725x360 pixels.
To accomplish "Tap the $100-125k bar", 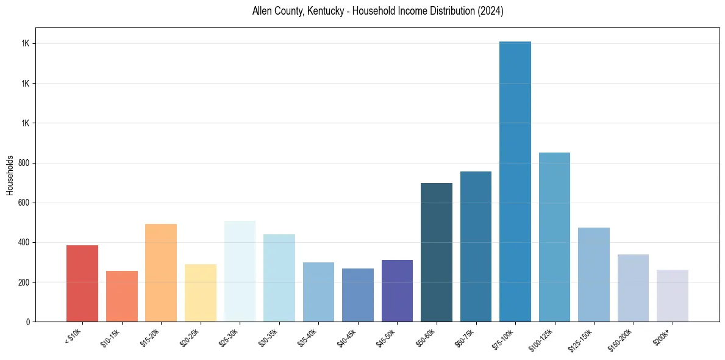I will pos(554,237).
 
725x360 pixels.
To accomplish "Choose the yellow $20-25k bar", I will pos(201,293).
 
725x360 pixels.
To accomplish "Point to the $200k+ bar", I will pos(673,296).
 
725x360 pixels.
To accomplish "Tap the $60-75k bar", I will pos(476,247).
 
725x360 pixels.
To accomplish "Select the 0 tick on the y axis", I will pos(28,322).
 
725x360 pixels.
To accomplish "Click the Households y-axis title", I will pos(10,175).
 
